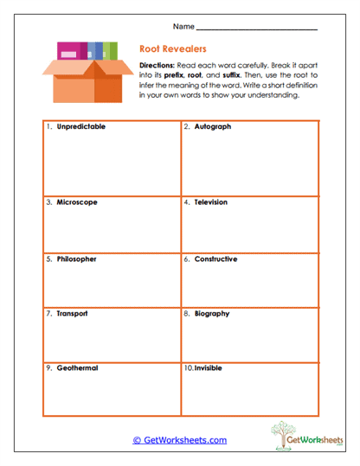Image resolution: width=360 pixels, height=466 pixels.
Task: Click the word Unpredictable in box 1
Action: [81, 126]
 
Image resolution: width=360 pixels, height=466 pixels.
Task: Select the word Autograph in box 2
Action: [213, 126]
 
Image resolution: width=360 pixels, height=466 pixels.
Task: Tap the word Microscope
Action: [77, 202]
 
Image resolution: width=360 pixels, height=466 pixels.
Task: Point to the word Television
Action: [211, 202]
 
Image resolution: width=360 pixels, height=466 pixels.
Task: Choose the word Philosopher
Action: [77, 259]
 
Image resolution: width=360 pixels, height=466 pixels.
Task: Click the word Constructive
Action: [215, 259]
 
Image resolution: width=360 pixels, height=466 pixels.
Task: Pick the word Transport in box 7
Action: [73, 313]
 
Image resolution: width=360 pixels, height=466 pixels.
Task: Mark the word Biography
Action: [212, 313]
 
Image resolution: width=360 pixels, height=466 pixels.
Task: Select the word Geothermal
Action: [77, 367]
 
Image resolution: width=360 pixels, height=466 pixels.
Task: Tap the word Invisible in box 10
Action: [209, 367]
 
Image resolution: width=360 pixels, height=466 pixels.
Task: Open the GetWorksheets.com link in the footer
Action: [179, 440]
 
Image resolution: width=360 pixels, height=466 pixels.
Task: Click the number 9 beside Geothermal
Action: [48, 367]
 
